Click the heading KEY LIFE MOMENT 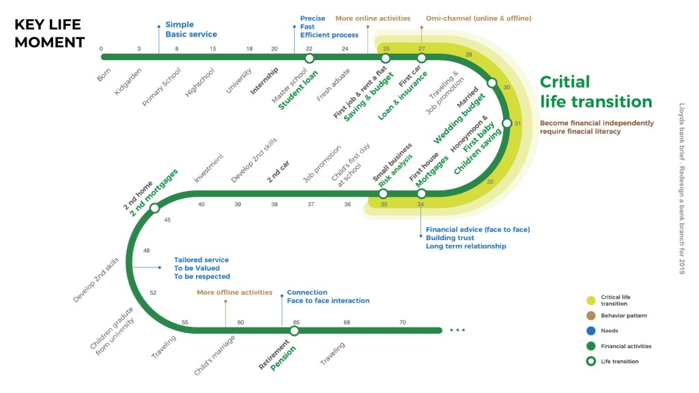click(x=49, y=33)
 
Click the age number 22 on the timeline click(x=309, y=48)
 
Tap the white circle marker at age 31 click(x=507, y=123)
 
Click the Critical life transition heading click(x=595, y=92)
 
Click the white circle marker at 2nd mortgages click(x=154, y=208)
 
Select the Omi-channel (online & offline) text click(x=478, y=18)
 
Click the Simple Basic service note click(x=190, y=29)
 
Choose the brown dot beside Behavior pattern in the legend click(x=590, y=316)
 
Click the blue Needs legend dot click(x=590, y=331)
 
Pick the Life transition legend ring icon click(x=590, y=362)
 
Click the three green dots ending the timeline click(x=457, y=331)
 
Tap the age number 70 click(x=403, y=322)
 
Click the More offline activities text click(x=234, y=292)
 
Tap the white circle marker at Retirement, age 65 click(x=294, y=331)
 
